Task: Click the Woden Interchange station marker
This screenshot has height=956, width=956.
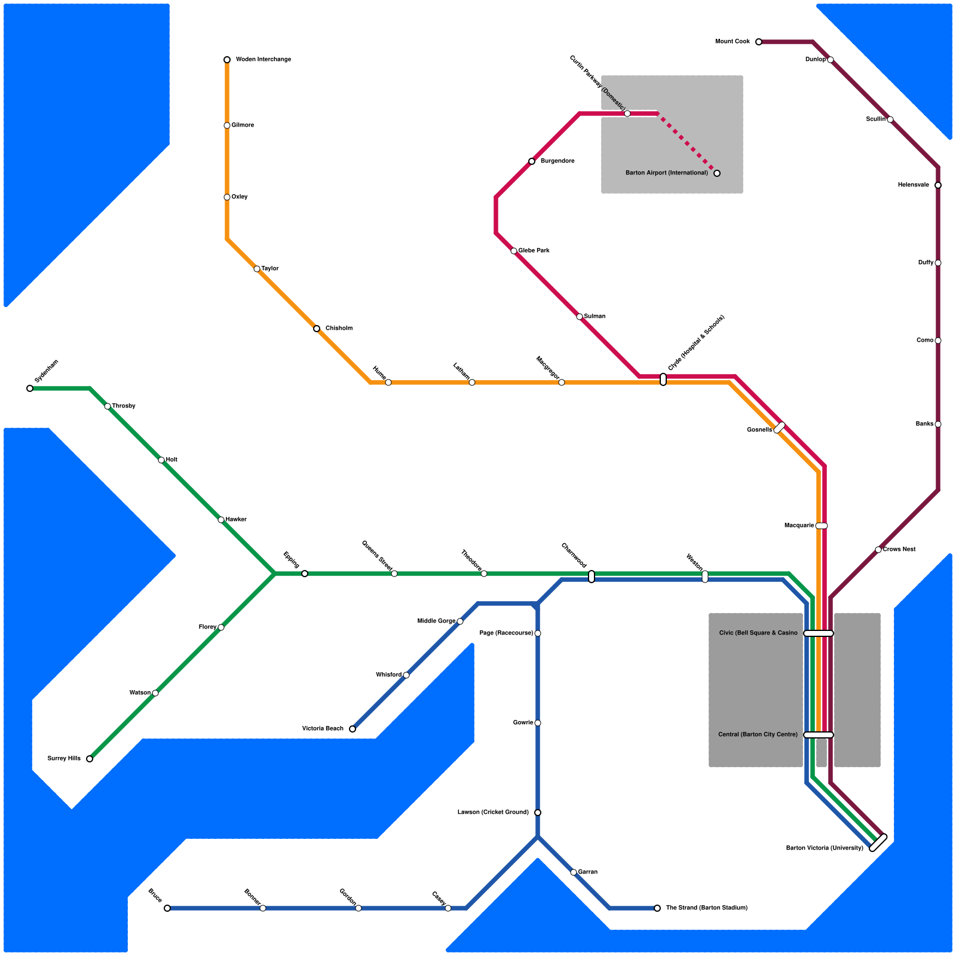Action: click(227, 60)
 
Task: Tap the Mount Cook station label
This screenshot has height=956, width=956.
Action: click(733, 42)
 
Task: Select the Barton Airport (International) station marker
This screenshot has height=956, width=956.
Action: click(717, 173)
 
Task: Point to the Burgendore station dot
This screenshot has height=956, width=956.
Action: click(532, 161)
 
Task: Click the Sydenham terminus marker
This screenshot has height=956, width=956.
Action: click(30, 388)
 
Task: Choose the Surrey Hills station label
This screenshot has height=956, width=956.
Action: click(64, 759)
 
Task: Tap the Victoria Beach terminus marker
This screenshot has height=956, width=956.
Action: click(353, 729)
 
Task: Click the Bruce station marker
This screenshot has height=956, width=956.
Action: click(167, 908)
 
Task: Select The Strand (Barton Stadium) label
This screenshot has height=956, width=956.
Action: click(707, 908)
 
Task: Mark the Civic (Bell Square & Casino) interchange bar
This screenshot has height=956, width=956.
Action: click(819, 633)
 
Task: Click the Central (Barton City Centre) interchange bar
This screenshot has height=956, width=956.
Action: click(819, 735)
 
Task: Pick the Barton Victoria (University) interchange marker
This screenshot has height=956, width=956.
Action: click(878, 842)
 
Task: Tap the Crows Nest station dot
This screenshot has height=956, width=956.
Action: click(878, 550)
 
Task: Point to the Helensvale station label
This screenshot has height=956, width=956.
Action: click(914, 185)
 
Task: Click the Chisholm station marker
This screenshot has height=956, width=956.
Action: click(317, 329)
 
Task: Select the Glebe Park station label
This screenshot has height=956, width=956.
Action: click(534, 251)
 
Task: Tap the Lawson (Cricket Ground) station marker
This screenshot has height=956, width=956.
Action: click(538, 813)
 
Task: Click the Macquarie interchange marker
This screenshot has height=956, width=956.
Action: click(822, 526)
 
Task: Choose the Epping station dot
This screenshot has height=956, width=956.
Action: click(305, 574)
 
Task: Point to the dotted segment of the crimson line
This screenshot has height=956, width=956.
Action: click(687, 143)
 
